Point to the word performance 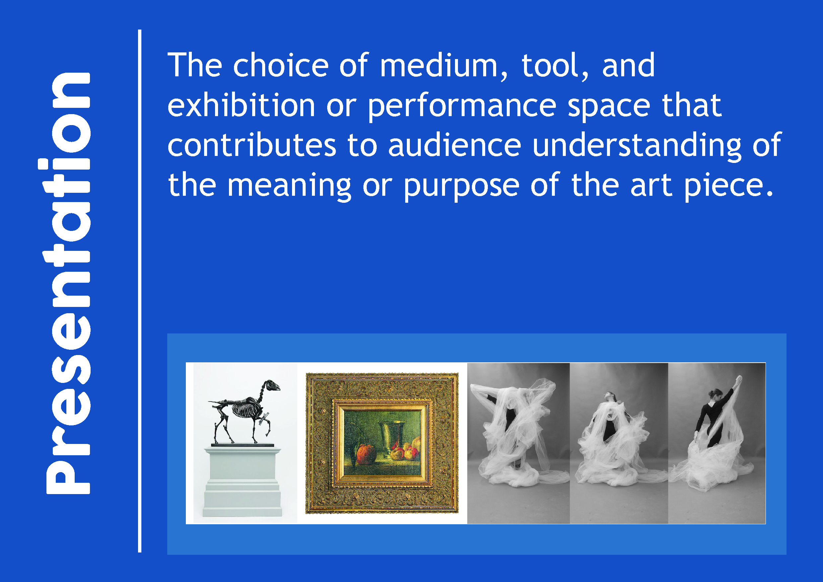click(x=462, y=107)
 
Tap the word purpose click(x=462, y=187)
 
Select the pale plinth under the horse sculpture click(x=242, y=481)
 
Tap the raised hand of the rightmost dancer click(x=738, y=379)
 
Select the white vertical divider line click(x=139, y=291)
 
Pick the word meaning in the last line click(x=289, y=187)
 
